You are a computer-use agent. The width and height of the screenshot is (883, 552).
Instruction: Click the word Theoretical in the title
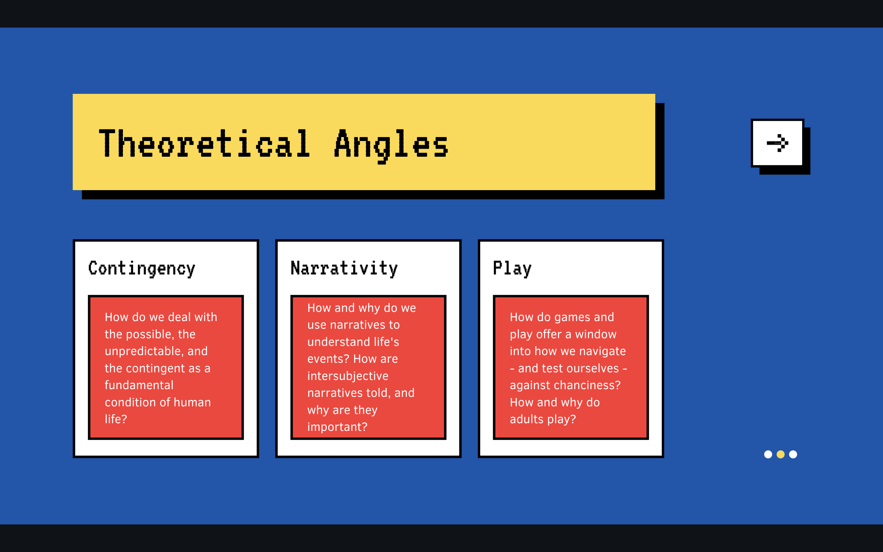204,144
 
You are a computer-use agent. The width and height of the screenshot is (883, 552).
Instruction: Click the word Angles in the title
391,146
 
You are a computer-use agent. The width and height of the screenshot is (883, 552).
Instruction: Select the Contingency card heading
142,269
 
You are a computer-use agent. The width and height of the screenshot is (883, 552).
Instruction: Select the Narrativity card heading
344,269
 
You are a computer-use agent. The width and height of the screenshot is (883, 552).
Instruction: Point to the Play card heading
512,269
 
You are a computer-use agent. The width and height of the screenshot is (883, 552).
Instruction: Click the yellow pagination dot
781,454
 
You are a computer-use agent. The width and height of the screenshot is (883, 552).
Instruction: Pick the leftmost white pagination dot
768,454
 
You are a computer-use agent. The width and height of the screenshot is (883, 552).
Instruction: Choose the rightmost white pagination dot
793,454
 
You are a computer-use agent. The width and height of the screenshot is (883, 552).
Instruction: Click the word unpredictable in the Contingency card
144,351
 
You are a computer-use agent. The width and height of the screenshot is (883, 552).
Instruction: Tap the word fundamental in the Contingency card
139,385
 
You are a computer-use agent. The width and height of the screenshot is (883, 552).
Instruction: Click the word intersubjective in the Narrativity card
348,376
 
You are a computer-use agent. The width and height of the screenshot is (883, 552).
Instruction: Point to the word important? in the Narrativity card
337,427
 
